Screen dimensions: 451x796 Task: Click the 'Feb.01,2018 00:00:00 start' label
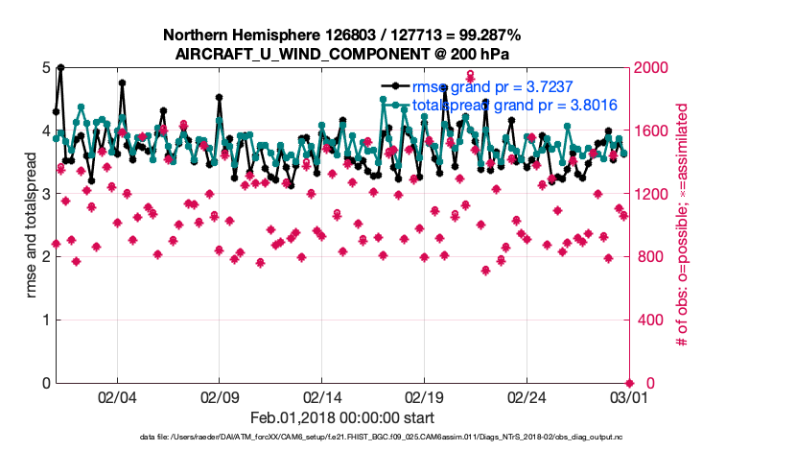[342, 417]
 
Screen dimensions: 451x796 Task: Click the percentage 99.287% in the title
[485, 35]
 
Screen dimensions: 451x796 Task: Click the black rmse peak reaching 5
[60, 68]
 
